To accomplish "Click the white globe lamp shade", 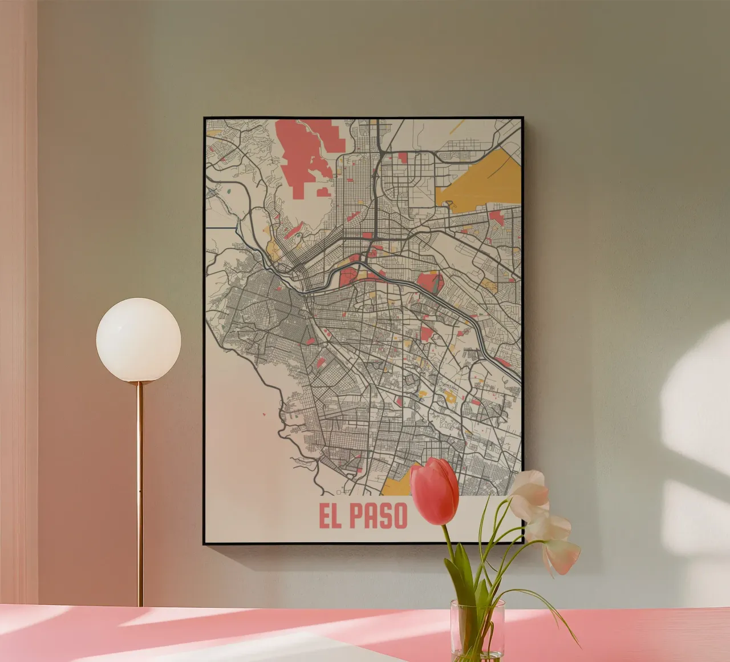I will (x=139, y=340).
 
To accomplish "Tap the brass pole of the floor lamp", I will (x=140, y=491).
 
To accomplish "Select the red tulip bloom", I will (x=435, y=490).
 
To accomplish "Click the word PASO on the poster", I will (x=379, y=516).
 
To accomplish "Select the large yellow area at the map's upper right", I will (x=485, y=177).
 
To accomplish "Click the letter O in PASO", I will (x=400, y=516).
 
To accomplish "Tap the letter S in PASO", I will (x=386, y=516).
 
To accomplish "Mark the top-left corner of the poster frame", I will (x=205, y=118).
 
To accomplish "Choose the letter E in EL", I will (x=325, y=516).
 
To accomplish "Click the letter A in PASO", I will (x=371, y=516).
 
